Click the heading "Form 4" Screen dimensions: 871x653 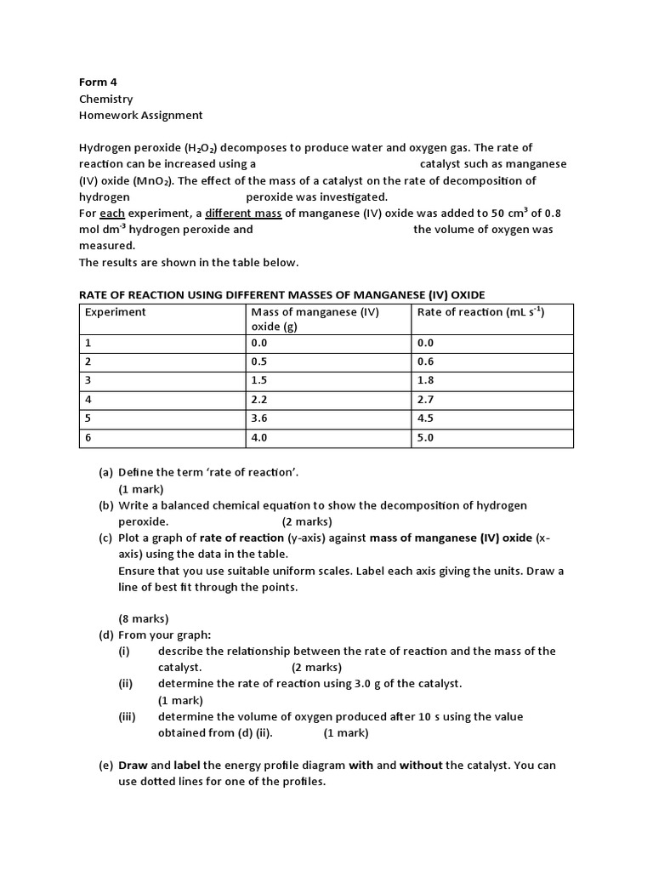tap(94, 83)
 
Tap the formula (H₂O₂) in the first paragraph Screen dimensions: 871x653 tap(202, 148)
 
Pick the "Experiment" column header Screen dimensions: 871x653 tap(116, 312)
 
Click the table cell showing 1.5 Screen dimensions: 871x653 tap(259, 380)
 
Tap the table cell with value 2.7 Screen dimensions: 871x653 tap(425, 399)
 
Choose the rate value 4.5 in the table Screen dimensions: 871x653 tap(425, 418)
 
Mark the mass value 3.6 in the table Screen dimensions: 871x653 tap(259, 418)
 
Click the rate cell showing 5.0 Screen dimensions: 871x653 tap(425, 438)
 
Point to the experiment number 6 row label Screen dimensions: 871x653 tap(88, 438)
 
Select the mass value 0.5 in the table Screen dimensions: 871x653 tap(259, 361)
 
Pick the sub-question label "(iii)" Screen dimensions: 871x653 tap(127, 716)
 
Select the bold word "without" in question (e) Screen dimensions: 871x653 tap(421, 765)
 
